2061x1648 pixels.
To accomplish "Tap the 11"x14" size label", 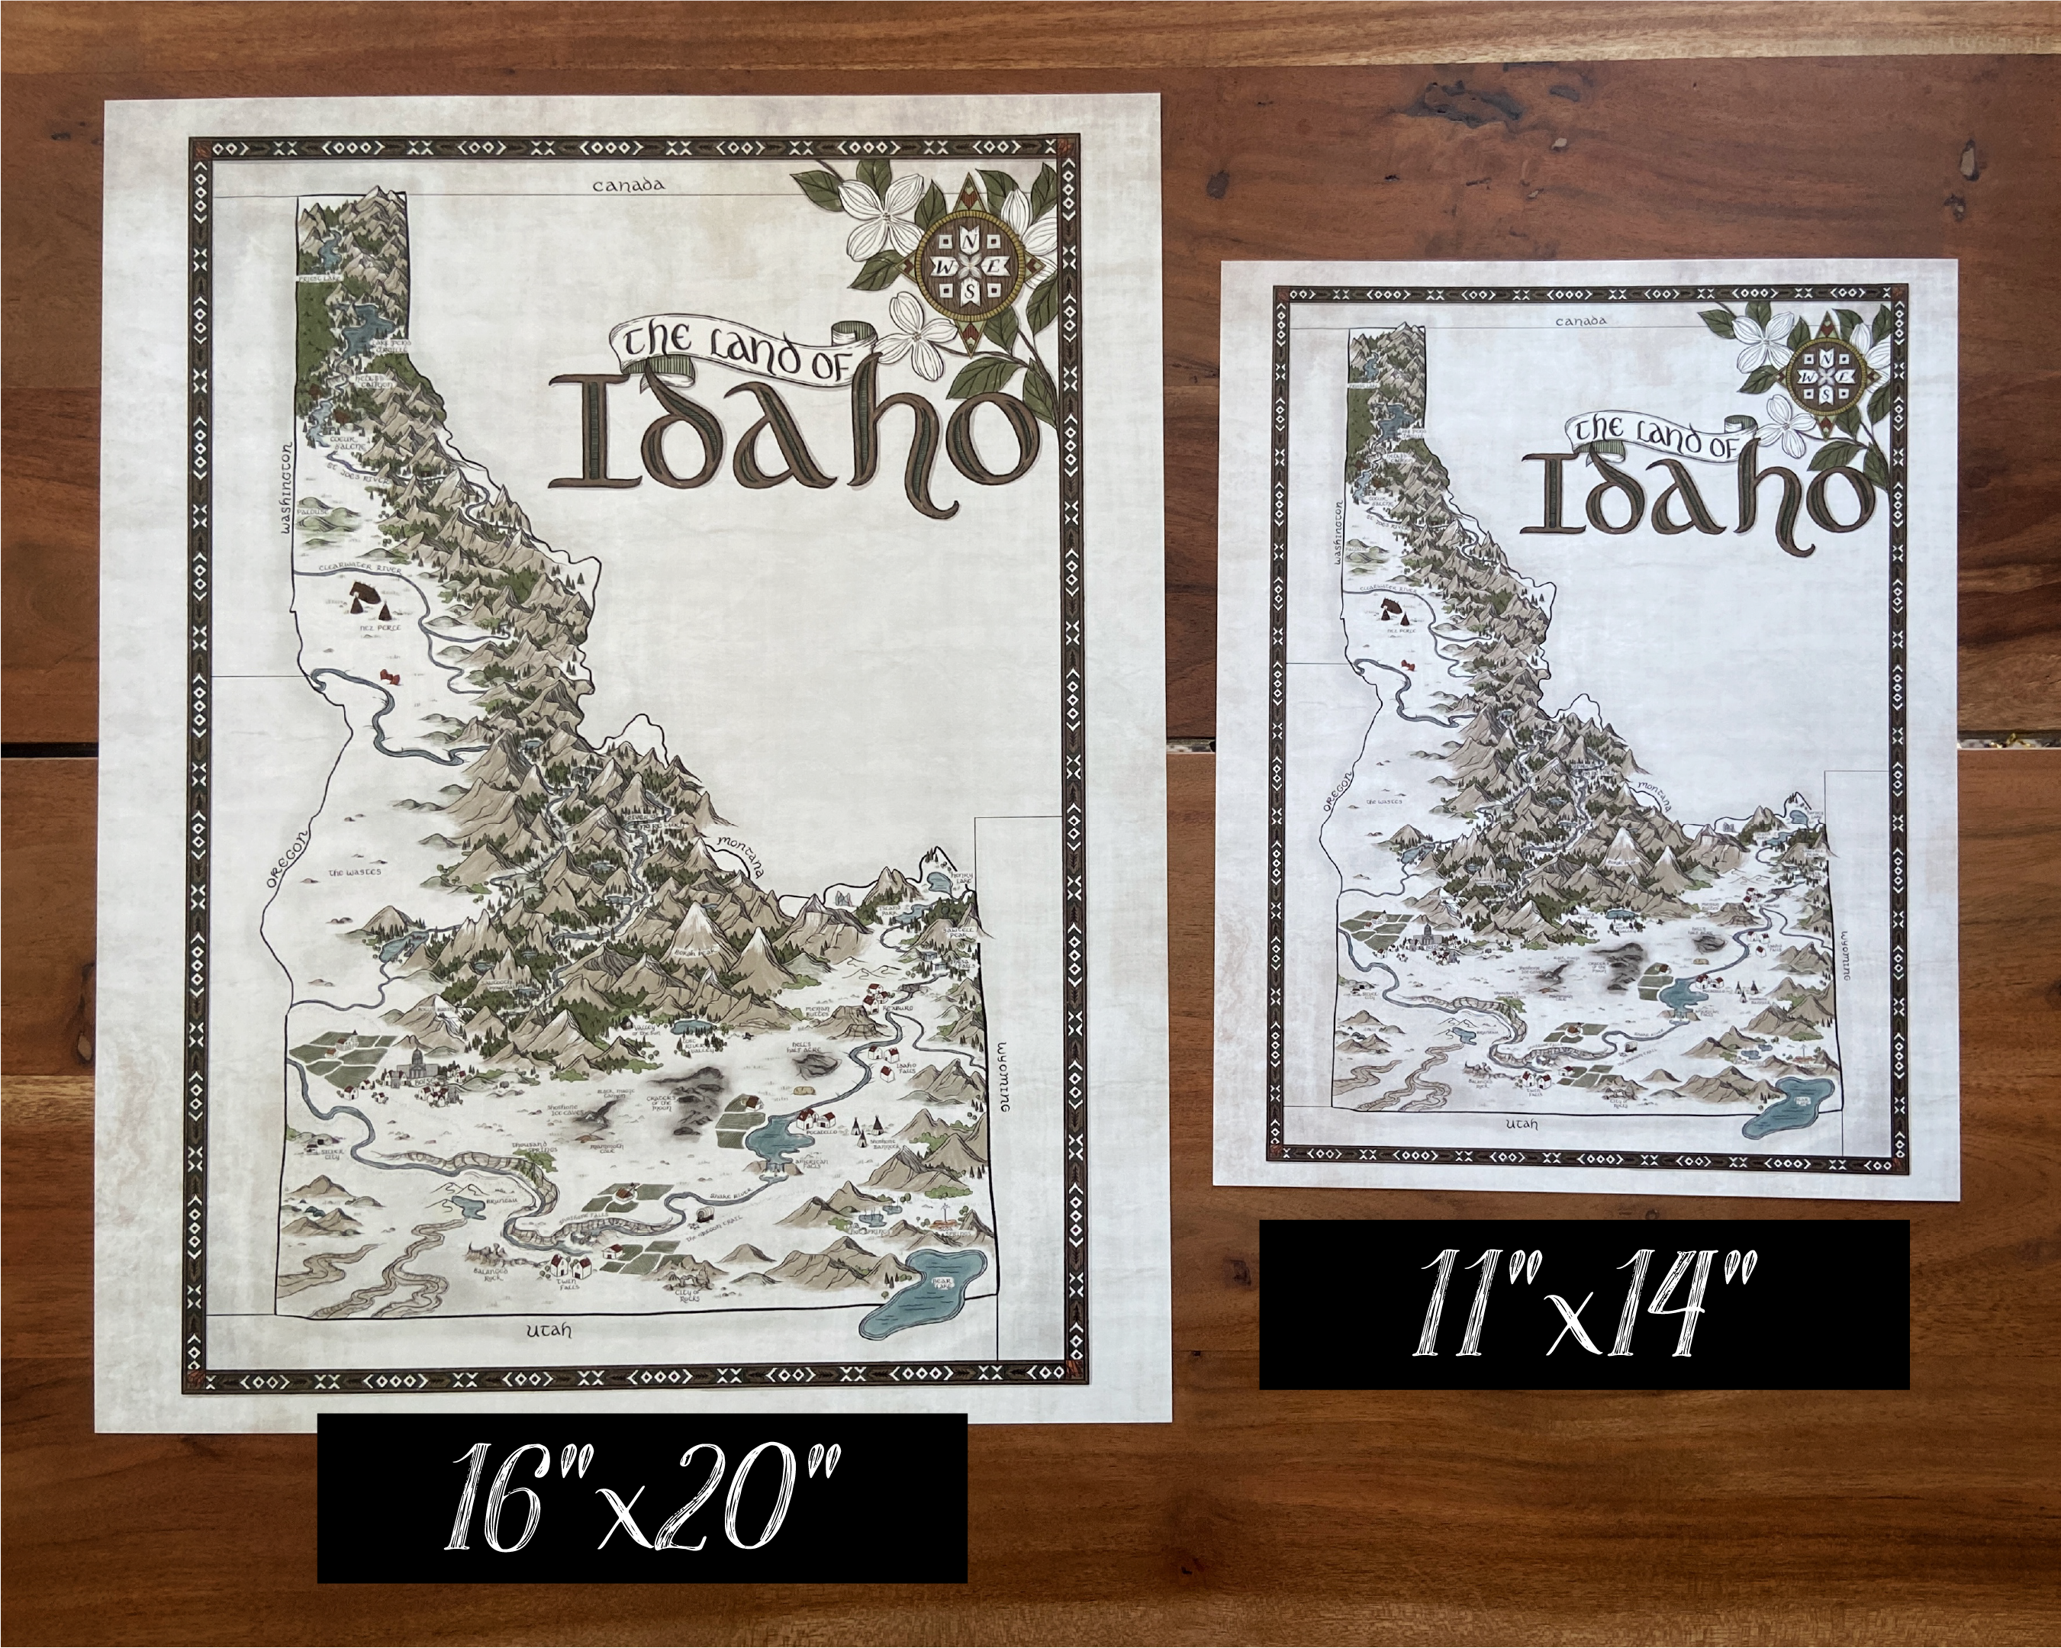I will pyautogui.click(x=1583, y=1304).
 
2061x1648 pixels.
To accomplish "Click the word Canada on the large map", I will pyautogui.click(x=628, y=185).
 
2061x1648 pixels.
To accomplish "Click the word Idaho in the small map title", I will pyautogui.click(x=1697, y=498).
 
